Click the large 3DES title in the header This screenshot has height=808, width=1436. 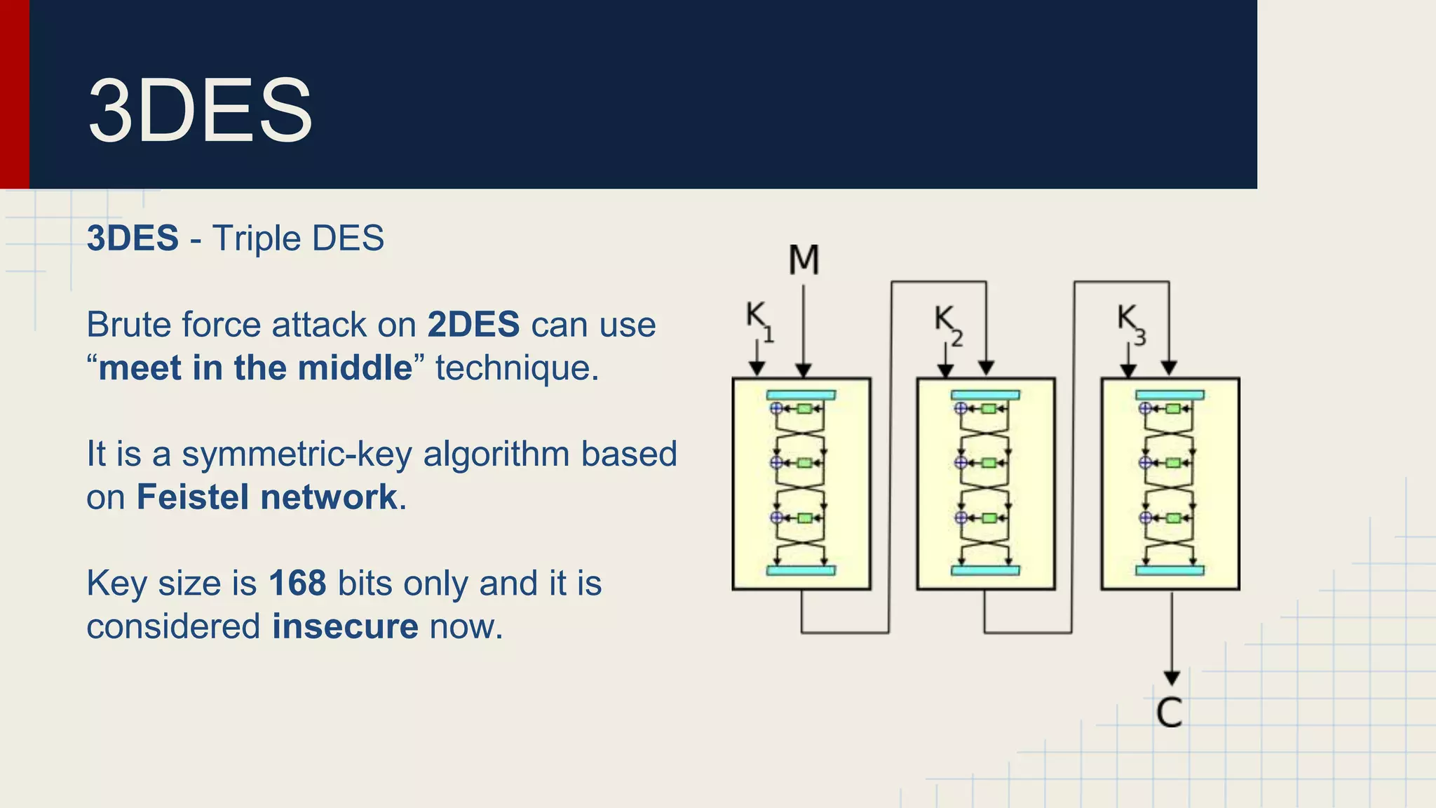[x=200, y=111]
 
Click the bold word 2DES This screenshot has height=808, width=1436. [x=473, y=325]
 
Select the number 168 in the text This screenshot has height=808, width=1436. [x=297, y=584]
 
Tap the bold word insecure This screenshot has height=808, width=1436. [x=345, y=626]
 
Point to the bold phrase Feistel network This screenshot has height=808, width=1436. [x=267, y=497]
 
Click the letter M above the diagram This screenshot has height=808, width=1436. [x=804, y=260]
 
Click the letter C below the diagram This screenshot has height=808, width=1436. [x=1169, y=713]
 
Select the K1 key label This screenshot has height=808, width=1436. [x=759, y=320]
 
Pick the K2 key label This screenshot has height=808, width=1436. [x=947, y=323]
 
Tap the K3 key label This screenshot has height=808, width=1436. [x=1130, y=323]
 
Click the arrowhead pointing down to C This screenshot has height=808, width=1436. [x=1172, y=678]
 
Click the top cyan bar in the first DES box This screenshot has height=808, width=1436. [x=801, y=395]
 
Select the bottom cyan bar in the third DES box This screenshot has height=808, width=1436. [x=1170, y=570]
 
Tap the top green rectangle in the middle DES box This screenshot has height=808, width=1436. [x=989, y=409]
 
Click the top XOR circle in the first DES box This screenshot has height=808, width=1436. [x=776, y=408]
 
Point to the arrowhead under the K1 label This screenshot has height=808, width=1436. [x=757, y=369]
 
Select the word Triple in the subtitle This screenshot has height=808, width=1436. [x=256, y=238]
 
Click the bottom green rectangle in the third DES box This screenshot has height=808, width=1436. [x=1172, y=518]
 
